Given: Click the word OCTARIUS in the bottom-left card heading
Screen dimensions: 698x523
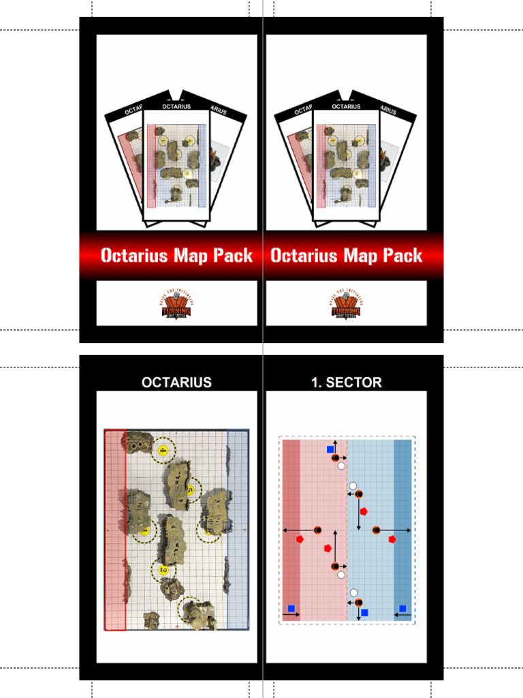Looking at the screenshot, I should point(176,382).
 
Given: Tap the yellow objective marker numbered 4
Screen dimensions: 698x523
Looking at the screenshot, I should point(163,451).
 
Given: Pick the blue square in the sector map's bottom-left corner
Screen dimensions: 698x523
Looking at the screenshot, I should point(291,609).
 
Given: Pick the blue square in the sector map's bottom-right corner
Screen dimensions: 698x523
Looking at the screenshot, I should point(402,609).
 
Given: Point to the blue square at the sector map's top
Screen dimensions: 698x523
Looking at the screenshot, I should point(330,450).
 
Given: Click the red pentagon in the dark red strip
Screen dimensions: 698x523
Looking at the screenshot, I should point(300,539).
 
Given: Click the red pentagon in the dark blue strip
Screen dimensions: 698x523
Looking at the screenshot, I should point(392,539).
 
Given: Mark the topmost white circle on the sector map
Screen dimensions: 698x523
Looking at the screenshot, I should point(341,466).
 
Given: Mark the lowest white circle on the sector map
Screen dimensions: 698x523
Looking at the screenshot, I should point(353,592).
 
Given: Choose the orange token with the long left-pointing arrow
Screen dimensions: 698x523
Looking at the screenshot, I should point(317,530).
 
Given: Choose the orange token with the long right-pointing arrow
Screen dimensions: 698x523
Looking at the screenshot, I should point(376,530).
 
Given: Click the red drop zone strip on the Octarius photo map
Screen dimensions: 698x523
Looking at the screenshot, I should point(115,532).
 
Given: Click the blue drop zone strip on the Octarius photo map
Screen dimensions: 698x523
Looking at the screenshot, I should point(238,532).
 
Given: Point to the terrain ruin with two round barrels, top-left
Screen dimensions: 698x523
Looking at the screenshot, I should point(138,442).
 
